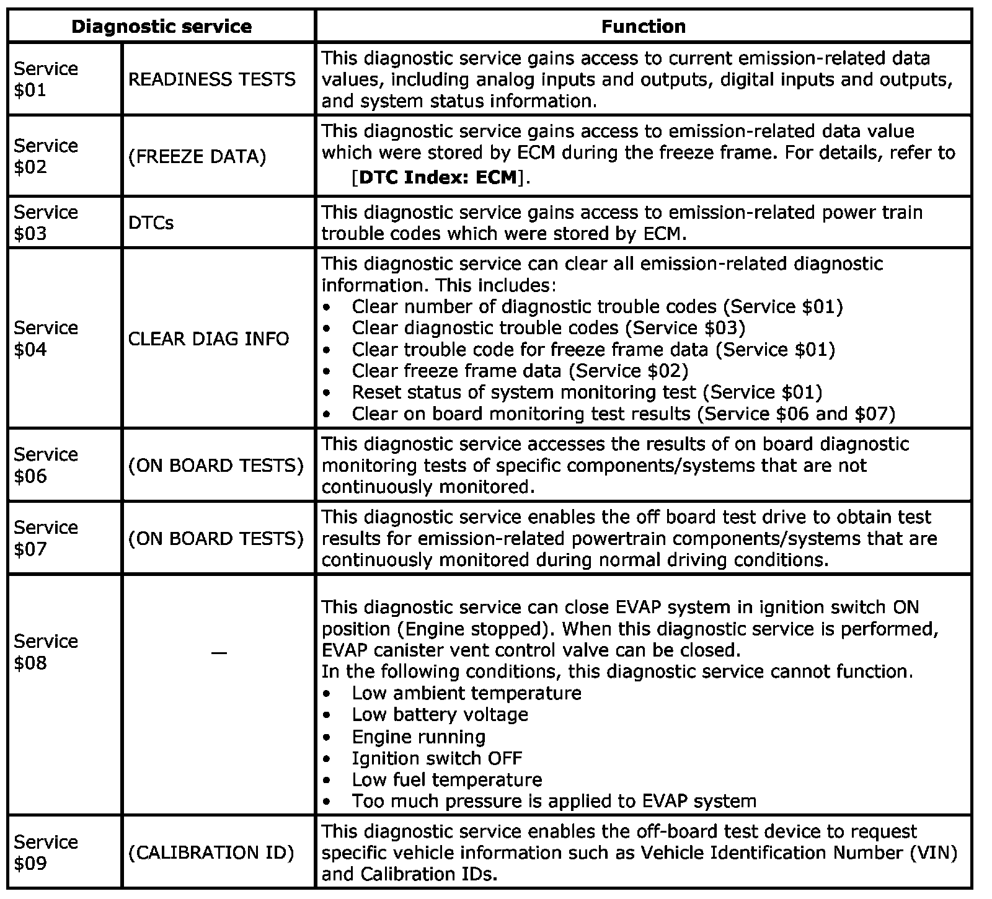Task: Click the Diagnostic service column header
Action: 161,27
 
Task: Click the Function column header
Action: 644,27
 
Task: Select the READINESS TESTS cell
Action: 211,79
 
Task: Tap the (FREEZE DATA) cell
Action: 197,156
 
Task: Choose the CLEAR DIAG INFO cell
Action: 208,339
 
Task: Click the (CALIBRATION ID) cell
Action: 211,852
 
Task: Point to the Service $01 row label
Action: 46,79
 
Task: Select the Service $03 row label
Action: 46,223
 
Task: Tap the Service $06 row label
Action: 46,465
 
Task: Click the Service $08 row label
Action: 46,652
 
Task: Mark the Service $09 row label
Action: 46,852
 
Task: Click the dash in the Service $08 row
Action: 218,652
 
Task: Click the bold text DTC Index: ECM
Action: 438,177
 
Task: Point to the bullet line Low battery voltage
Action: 440,714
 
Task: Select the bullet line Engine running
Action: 418,737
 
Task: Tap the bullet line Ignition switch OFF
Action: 436,758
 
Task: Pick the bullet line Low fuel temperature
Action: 446,779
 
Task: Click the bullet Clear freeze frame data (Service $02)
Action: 520,371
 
